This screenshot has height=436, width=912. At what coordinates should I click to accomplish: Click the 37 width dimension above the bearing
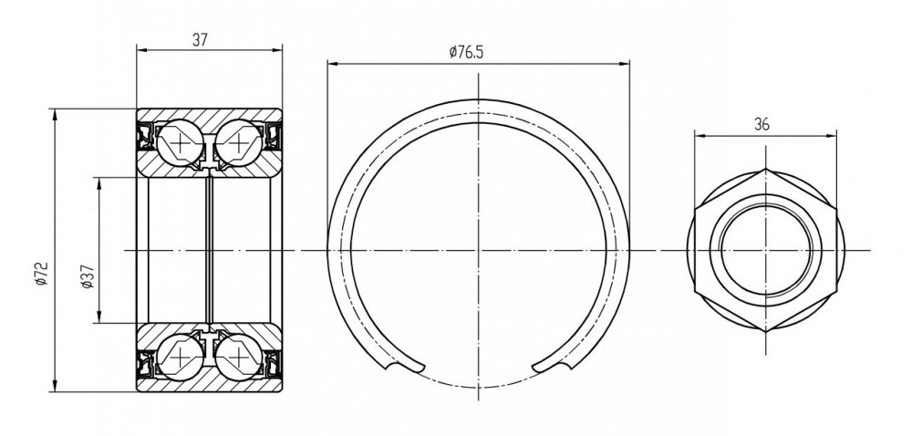pyautogui.click(x=200, y=39)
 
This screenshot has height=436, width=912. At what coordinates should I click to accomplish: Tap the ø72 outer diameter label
pyautogui.click(x=41, y=274)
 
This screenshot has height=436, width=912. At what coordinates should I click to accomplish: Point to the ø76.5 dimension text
pyautogui.click(x=466, y=52)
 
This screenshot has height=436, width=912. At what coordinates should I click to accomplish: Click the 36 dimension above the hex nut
pyautogui.click(x=762, y=124)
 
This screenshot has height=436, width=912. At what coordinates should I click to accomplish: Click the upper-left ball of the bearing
pyautogui.click(x=181, y=143)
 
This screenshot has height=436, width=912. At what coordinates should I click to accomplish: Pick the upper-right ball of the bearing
pyautogui.click(x=238, y=143)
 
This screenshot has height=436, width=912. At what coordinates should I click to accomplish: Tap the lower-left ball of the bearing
pyautogui.click(x=181, y=356)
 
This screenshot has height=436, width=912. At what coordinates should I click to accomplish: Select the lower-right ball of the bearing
pyautogui.click(x=238, y=356)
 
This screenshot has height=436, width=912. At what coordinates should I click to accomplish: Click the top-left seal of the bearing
pyautogui.click(x=145, y=136)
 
